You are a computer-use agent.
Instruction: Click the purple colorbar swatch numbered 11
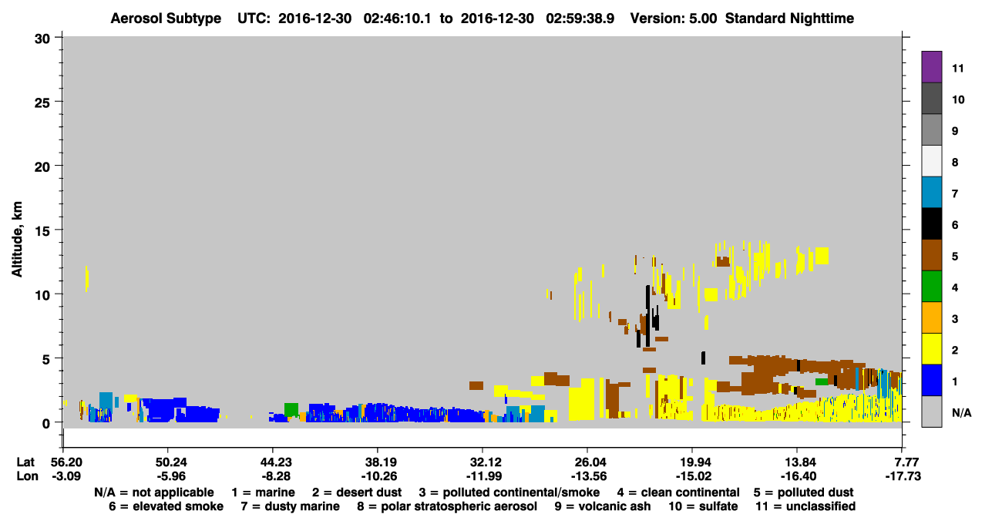click(931, 66)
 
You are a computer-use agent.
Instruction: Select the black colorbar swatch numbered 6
click(931, 223)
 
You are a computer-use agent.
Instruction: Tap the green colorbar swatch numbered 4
click(931, 286)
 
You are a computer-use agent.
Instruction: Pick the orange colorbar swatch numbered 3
click(931, 317)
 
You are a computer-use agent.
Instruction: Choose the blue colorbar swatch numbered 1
click(931, 380)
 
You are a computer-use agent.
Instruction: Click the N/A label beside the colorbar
click(961, 412)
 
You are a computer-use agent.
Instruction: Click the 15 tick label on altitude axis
click(42, 231)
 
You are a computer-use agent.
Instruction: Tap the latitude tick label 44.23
click(276, 462)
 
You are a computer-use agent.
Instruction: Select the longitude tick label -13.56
click(589, 475)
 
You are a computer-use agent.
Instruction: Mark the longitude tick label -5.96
click(171, 475)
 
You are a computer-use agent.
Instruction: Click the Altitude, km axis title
click(17, 240)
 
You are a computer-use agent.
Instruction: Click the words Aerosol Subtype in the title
click(166, 18)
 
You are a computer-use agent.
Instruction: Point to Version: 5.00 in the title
click(674, 18)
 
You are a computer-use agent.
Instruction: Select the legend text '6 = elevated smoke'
click(166, 506)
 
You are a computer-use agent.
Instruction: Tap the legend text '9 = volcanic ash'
click(603, 506)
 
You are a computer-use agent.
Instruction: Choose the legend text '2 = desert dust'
click(357, 492)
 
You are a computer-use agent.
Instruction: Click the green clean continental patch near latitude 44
click(291, 409)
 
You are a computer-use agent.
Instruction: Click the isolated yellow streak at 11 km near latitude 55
click(87, 279)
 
